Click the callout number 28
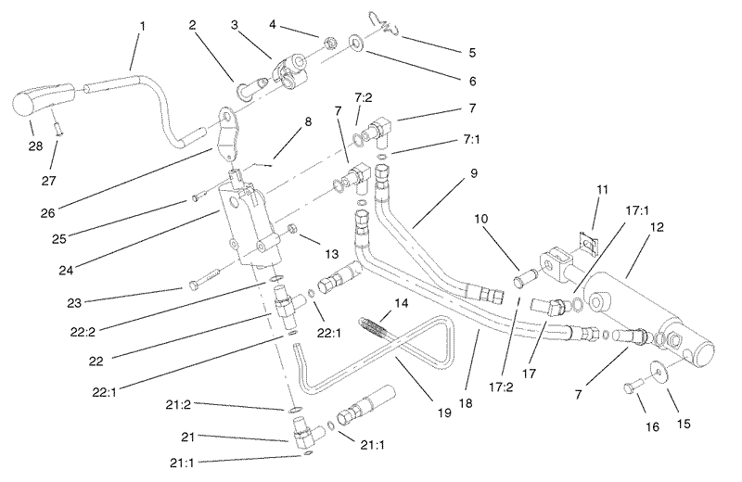[x=35, y=146]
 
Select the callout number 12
[x=658, y=227]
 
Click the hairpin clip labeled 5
[x=384, y=25]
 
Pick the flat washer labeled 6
[x=355, y=42]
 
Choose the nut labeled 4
[x=330, y=43]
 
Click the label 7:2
[x=364, y=97]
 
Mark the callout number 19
[x=444, y=412]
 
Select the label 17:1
[x=637, y=210]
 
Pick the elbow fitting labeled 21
[x=303, y=430]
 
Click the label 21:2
[x=178, y=405]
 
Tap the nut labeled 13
[x=292, y=228]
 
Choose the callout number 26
[x=47, y=213]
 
